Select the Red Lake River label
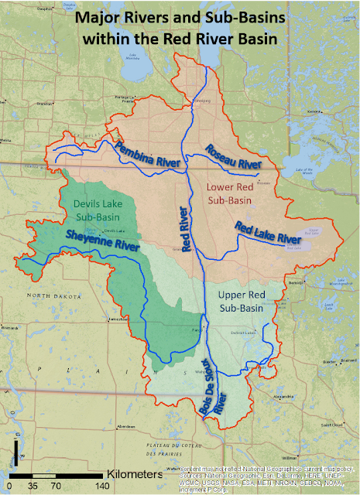267,232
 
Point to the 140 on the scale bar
101,486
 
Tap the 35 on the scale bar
33,486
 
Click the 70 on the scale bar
57,486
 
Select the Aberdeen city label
121,426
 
